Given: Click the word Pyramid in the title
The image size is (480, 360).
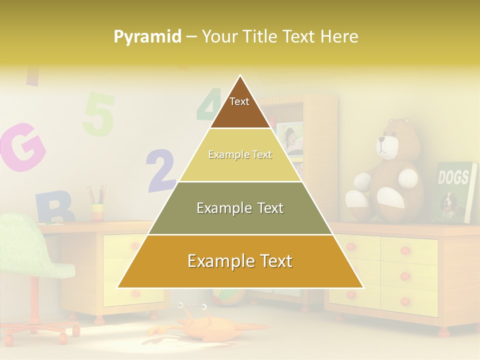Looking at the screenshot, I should pos(147,37).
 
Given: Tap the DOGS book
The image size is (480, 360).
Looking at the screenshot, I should pos(455,192).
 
